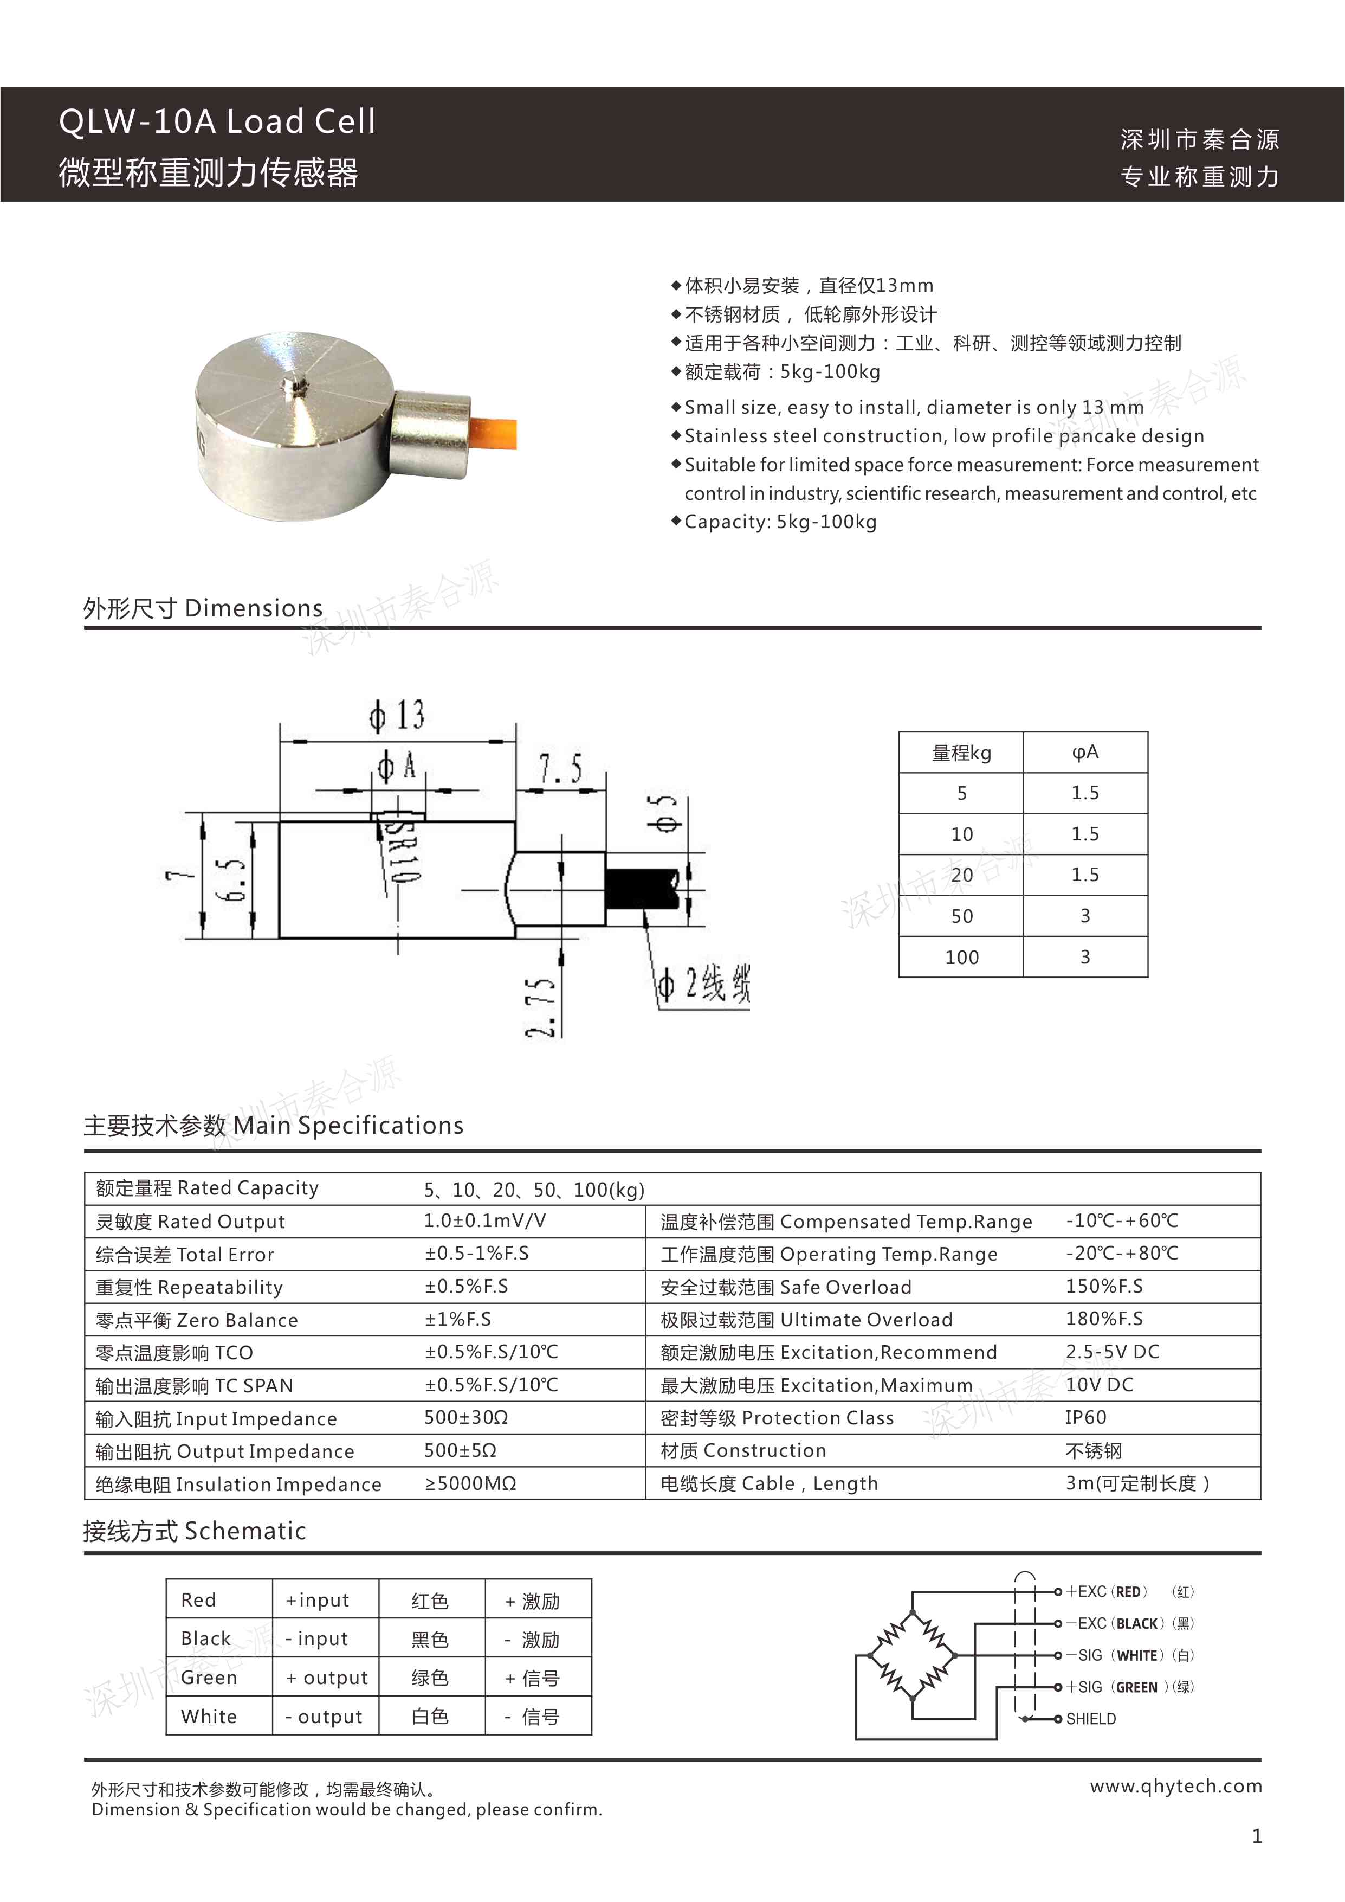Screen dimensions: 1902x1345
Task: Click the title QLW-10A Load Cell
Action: (x=217, y=122)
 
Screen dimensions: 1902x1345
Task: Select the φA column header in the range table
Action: (x=1085, y=752)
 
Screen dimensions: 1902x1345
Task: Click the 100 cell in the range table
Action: (x=961, y=958)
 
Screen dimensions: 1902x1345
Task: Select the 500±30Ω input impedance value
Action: (x=465, y=1417)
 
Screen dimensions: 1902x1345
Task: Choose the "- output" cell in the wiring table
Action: (x=324, y=1717)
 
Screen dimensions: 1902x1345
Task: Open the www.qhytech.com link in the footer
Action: (x=1175, y=1786)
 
